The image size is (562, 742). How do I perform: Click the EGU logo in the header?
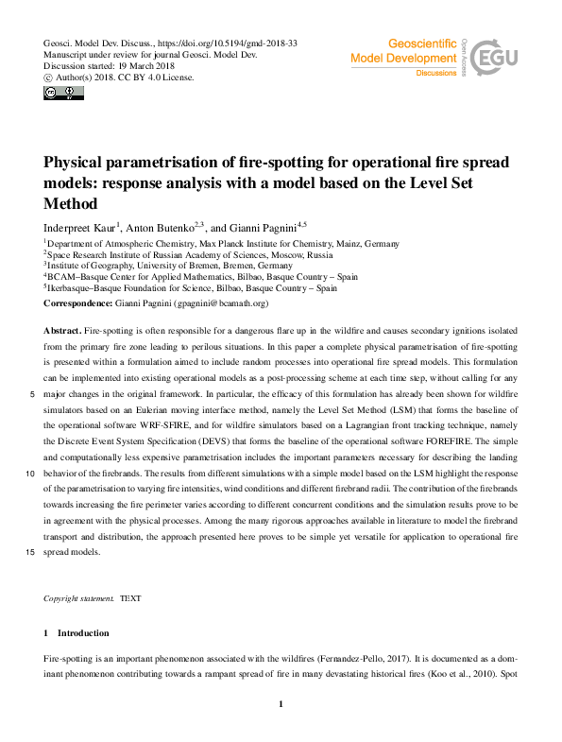point(501,59)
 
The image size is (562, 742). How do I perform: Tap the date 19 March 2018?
point(144,67)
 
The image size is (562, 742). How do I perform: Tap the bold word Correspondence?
point(80,303)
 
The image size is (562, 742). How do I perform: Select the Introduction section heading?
point(83,632)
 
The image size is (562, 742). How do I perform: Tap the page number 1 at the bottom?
point(281,704)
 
